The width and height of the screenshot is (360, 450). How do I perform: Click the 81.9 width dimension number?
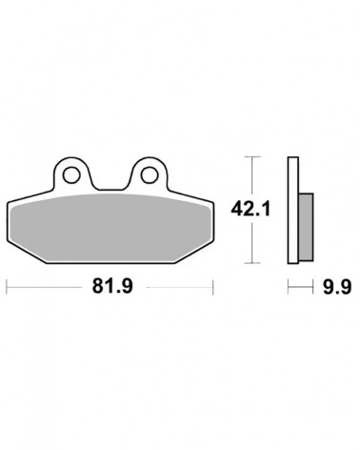112,286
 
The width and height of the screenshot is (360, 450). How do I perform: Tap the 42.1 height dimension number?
250,209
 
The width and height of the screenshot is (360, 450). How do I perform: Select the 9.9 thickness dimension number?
337,287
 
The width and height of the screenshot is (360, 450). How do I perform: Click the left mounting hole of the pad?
71,174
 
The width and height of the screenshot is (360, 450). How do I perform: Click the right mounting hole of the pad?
150,174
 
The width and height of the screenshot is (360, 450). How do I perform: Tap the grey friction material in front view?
110,228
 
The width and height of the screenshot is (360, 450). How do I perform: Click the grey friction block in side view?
307,227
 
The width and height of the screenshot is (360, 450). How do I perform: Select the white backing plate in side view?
293,210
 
